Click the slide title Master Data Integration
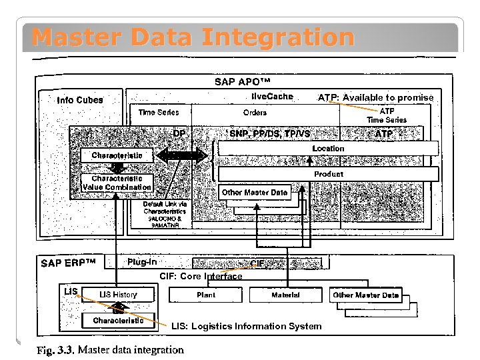pos(193,37)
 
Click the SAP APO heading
pos(242,81)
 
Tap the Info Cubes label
pos(80,100)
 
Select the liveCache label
pos(272,97)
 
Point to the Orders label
pos(255,113)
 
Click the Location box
pos(328,148)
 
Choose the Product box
pos(328,174)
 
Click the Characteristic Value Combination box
pos(117,183)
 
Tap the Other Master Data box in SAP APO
pos(255,193)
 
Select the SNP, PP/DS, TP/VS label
pos(269,134)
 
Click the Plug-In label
pos(142,262)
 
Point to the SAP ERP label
pos(69,263)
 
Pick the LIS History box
pos(118,295)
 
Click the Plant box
pos(206,295)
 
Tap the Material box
pos(285,295)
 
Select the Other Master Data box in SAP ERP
pos(366,295)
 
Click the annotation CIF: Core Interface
pos(201,276)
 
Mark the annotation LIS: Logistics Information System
pos(246,327)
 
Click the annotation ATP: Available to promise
pos(375,97)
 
